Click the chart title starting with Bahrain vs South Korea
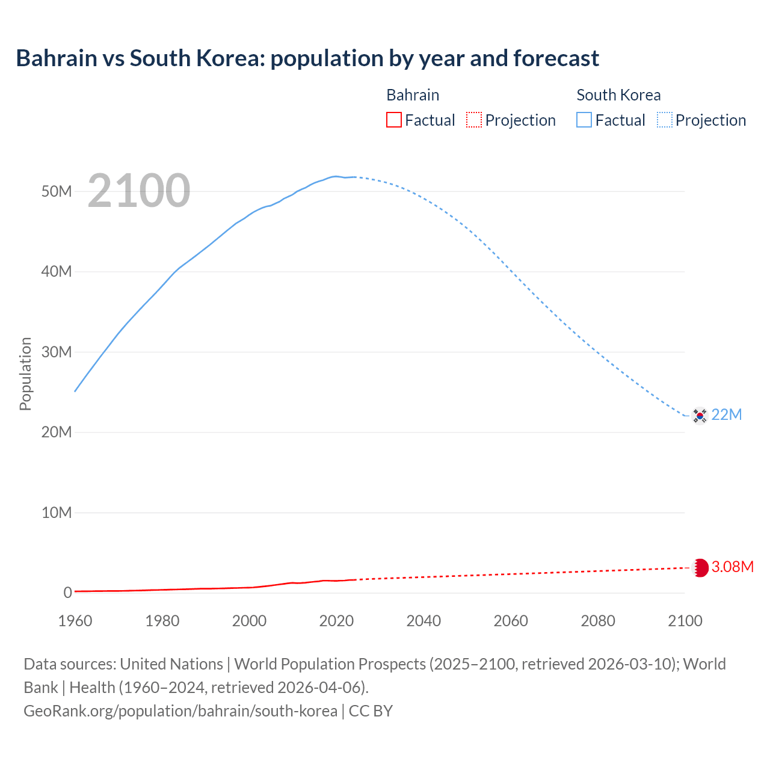[307, 58]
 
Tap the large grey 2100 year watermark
[139, 191]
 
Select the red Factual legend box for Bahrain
[393, 120]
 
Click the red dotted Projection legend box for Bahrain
[474, 120]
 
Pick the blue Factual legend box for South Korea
[584, 120]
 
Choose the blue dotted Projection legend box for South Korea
[665, 120]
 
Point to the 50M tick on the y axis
[57, 191]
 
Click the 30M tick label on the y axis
[57, 352]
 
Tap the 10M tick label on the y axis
[57, 513]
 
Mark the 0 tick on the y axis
[67, 593]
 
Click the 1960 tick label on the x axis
[75, 621]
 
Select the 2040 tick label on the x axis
[423, 621]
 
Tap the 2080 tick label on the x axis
[598, 621]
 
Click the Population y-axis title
[25, 374]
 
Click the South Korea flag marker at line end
[700, 415]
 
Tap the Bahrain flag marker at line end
[700, 568]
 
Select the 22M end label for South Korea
[727, 415]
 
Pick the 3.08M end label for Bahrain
[732, 567]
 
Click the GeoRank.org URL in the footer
[180, 711]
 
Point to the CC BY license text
[371, 711]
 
